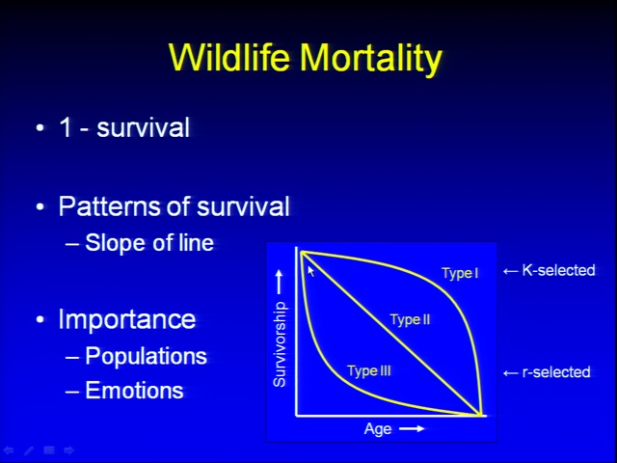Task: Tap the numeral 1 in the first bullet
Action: (x=66, y=127)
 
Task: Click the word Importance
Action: (x=127, y=318)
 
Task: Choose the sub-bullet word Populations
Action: (x=146, y=356)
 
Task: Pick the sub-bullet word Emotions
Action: (x=135, y=390)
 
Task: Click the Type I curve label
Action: (x=460, y=273)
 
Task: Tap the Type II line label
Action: (x=411, y=319)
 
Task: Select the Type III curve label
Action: (x=369, y=370)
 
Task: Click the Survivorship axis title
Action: (x=280, y=344)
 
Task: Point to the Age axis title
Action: (x=378, y=428)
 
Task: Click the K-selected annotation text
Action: (x=558, y=270)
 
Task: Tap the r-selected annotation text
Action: (x=556, y=372)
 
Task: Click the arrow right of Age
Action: (x=412, y=428)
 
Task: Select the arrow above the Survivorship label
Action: (x=279, y=282)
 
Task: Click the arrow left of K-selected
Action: (x=510, y=271)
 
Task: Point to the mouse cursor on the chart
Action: (x=310, y=271)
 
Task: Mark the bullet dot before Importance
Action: (x=40, y=319)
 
